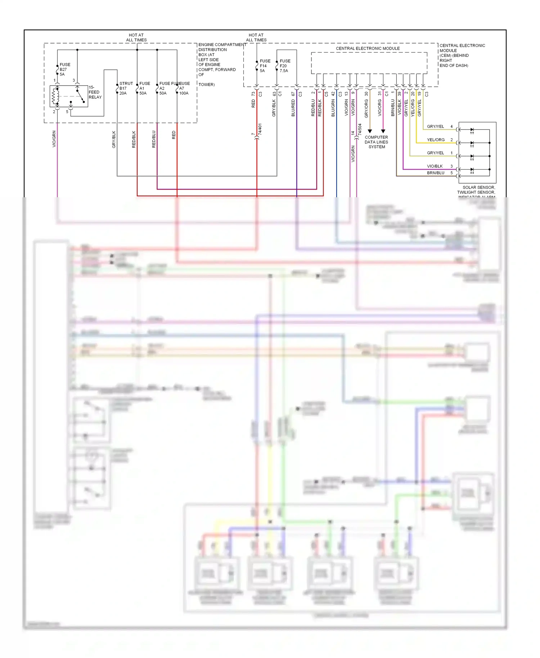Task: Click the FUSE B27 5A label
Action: (x=64, y=69)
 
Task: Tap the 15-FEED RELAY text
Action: (x=95, y=92)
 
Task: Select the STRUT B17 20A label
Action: (x=126, y=88)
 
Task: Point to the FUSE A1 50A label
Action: (x=144, y=88)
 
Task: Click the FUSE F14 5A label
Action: (x=265, y=66)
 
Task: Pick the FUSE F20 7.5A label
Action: (x=284, y=66)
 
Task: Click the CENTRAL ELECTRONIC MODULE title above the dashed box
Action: (x=368, y=48)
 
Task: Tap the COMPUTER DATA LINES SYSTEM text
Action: (x=377, y=142)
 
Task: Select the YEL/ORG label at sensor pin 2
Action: (x=436, y=140)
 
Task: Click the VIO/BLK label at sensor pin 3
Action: (x=435, y=166)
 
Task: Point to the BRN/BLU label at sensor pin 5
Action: (x=436, y=173)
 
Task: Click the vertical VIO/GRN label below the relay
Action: (x=54, y=139)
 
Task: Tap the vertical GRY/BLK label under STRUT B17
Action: (x=114, y=139)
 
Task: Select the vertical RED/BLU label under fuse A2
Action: (x=154, y=139)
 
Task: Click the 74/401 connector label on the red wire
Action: (x=260, y=130)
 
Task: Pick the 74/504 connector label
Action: (x=360, y=130)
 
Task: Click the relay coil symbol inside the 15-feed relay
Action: (x=55, y=96)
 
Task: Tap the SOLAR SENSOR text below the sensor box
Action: (x=478, y=188)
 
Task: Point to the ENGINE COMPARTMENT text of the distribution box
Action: (x=222, y=45)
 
